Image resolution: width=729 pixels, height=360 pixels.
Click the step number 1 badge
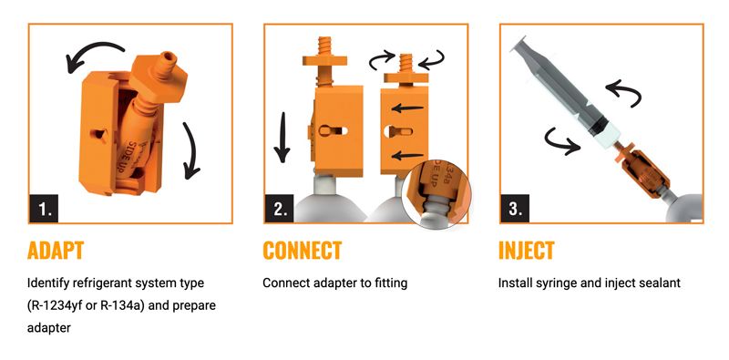(44, 209)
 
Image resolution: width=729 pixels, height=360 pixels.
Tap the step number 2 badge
(280, 209)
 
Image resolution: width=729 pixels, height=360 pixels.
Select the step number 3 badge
(515, 209)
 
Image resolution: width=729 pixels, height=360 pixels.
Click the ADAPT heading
(56, 251)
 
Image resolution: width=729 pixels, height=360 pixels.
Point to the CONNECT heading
(303, 251)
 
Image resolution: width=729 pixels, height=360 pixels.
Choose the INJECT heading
(527, 251)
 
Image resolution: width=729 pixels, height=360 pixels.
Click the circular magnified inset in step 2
(436, 194)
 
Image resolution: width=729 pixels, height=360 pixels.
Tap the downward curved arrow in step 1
(191, 150)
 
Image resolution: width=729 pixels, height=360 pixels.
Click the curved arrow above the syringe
(624, 91)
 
